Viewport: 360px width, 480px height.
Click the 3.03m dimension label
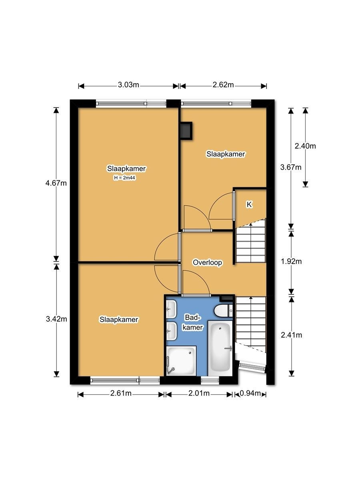click(128, 85)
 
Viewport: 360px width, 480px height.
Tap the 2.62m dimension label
click(223, 85)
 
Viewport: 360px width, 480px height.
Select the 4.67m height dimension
click(56, 183)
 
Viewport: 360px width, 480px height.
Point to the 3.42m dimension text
click(56, 319)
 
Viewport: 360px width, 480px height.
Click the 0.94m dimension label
click(250, 394)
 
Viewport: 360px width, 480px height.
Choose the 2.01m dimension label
click(199, 394)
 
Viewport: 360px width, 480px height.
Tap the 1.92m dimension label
click(291, 261)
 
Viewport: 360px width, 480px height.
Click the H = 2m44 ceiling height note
click(124, 178)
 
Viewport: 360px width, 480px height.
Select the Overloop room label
click(207, 262)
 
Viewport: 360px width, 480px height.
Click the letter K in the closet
click(249, 204)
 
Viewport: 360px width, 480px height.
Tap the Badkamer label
click(193, 322)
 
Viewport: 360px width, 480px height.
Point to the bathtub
click(220, 348)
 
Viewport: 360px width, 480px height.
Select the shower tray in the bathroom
click(181, 361)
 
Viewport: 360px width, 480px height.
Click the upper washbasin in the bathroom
click(171, 309)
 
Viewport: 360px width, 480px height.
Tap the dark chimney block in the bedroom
click(186, 130)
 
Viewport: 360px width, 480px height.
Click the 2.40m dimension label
click(305, 146)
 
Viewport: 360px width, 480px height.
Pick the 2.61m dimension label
click(121, 394)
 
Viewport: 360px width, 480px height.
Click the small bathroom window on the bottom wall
click(210, 381)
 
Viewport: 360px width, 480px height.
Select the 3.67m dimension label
click(291, 167)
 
